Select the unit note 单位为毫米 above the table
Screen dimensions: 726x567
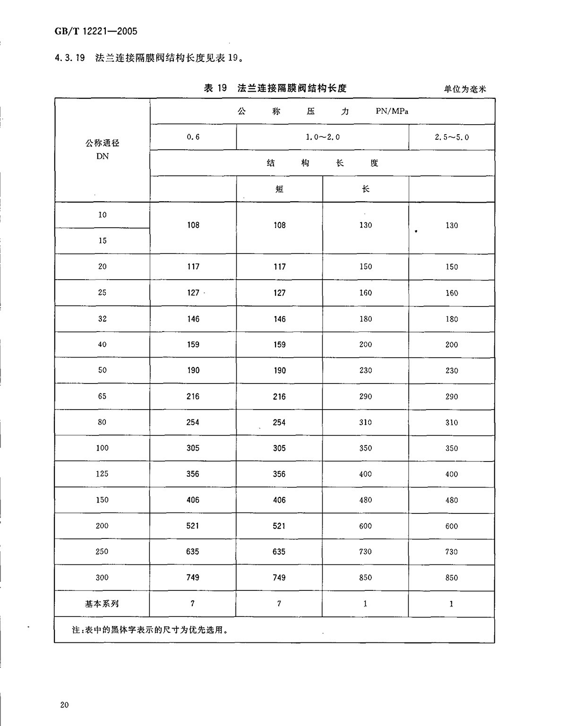click(465, 89)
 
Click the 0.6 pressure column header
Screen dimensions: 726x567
click(193, 137)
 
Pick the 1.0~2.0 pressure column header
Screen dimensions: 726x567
click(323, 137)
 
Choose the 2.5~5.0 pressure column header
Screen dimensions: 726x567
click(452, 137)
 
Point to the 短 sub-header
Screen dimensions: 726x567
click(279, 189)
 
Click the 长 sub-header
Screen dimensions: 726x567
click(365, 189)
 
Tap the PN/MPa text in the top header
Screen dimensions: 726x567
click(392, 111)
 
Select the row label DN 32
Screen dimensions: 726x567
click(103, 318)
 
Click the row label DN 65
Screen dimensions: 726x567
click(103, 396)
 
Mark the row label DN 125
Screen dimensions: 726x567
click(102, 474)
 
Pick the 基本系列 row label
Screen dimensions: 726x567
click(102, 603)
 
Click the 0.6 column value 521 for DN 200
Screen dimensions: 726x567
click(193, 526)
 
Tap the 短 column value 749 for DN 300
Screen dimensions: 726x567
click(279, 577)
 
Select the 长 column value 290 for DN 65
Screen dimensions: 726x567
click(365, 396)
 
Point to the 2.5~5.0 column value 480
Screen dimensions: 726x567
click(452, 500)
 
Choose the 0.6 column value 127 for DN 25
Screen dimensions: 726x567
click(193, 292)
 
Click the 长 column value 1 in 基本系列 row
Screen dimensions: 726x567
click(365, 603)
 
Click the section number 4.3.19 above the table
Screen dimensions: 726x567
click(70, 58)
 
